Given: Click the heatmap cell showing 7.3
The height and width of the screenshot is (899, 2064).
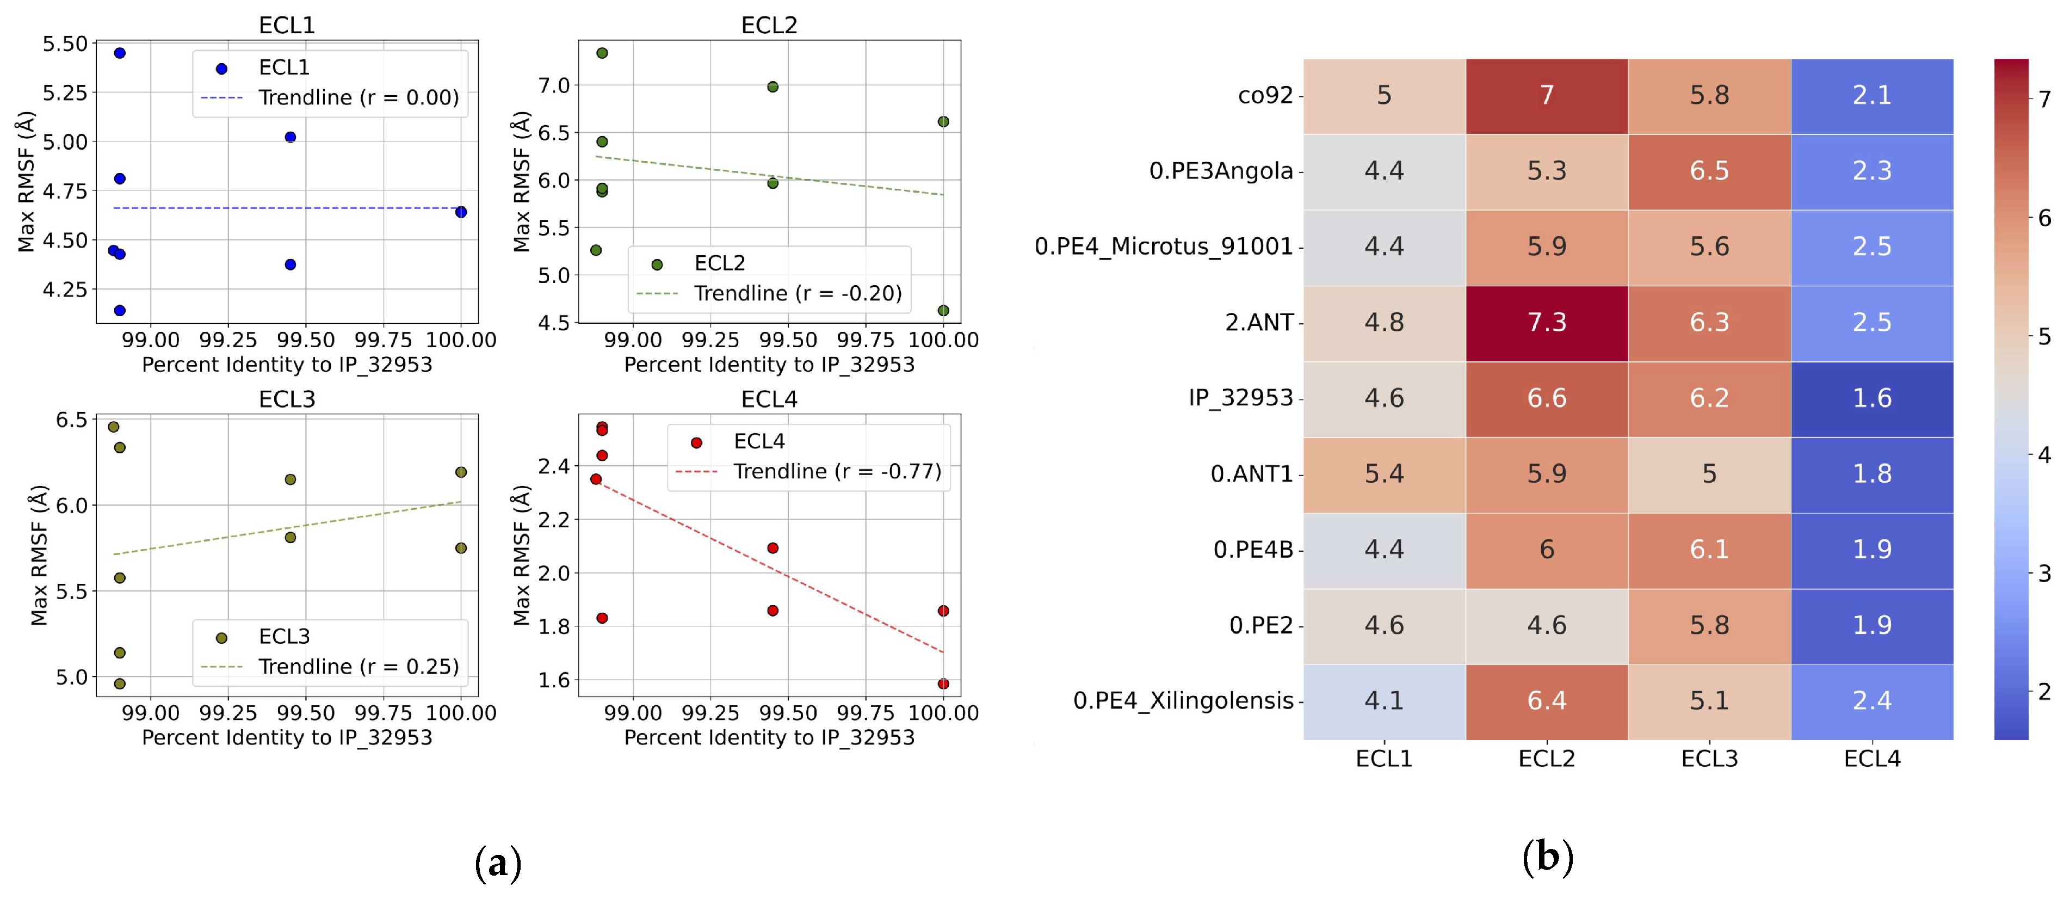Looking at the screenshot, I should [x=1547, y=323].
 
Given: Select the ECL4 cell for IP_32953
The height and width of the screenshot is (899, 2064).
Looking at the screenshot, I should [x=1872, y=398].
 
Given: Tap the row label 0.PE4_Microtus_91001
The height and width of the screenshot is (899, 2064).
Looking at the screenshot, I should [x=1164, y=247].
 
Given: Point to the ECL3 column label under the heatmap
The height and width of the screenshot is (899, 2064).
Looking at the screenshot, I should [x=1709, y=759].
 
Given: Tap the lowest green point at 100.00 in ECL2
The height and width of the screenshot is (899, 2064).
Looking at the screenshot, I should [x=943, y=311].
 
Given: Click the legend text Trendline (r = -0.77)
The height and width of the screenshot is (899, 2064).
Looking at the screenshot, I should [x=837, y=472].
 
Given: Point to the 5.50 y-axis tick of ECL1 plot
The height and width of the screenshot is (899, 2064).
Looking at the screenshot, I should [x=65, y=44].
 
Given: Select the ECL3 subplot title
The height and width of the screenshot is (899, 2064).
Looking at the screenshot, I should [x=287, y=399].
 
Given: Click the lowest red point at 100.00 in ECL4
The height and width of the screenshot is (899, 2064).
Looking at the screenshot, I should [x=943, y=684].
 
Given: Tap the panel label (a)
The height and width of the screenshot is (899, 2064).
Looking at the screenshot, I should [x=498, y=863].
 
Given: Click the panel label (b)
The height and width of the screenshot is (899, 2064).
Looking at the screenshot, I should [x=1547, y=858].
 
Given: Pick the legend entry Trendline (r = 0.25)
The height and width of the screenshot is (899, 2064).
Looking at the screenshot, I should [x=358, y=667].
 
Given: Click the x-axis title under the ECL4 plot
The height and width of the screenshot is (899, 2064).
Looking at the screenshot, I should [x=769, y=738].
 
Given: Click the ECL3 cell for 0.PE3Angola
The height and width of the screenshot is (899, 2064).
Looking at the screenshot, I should [x=1709, y=171].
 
